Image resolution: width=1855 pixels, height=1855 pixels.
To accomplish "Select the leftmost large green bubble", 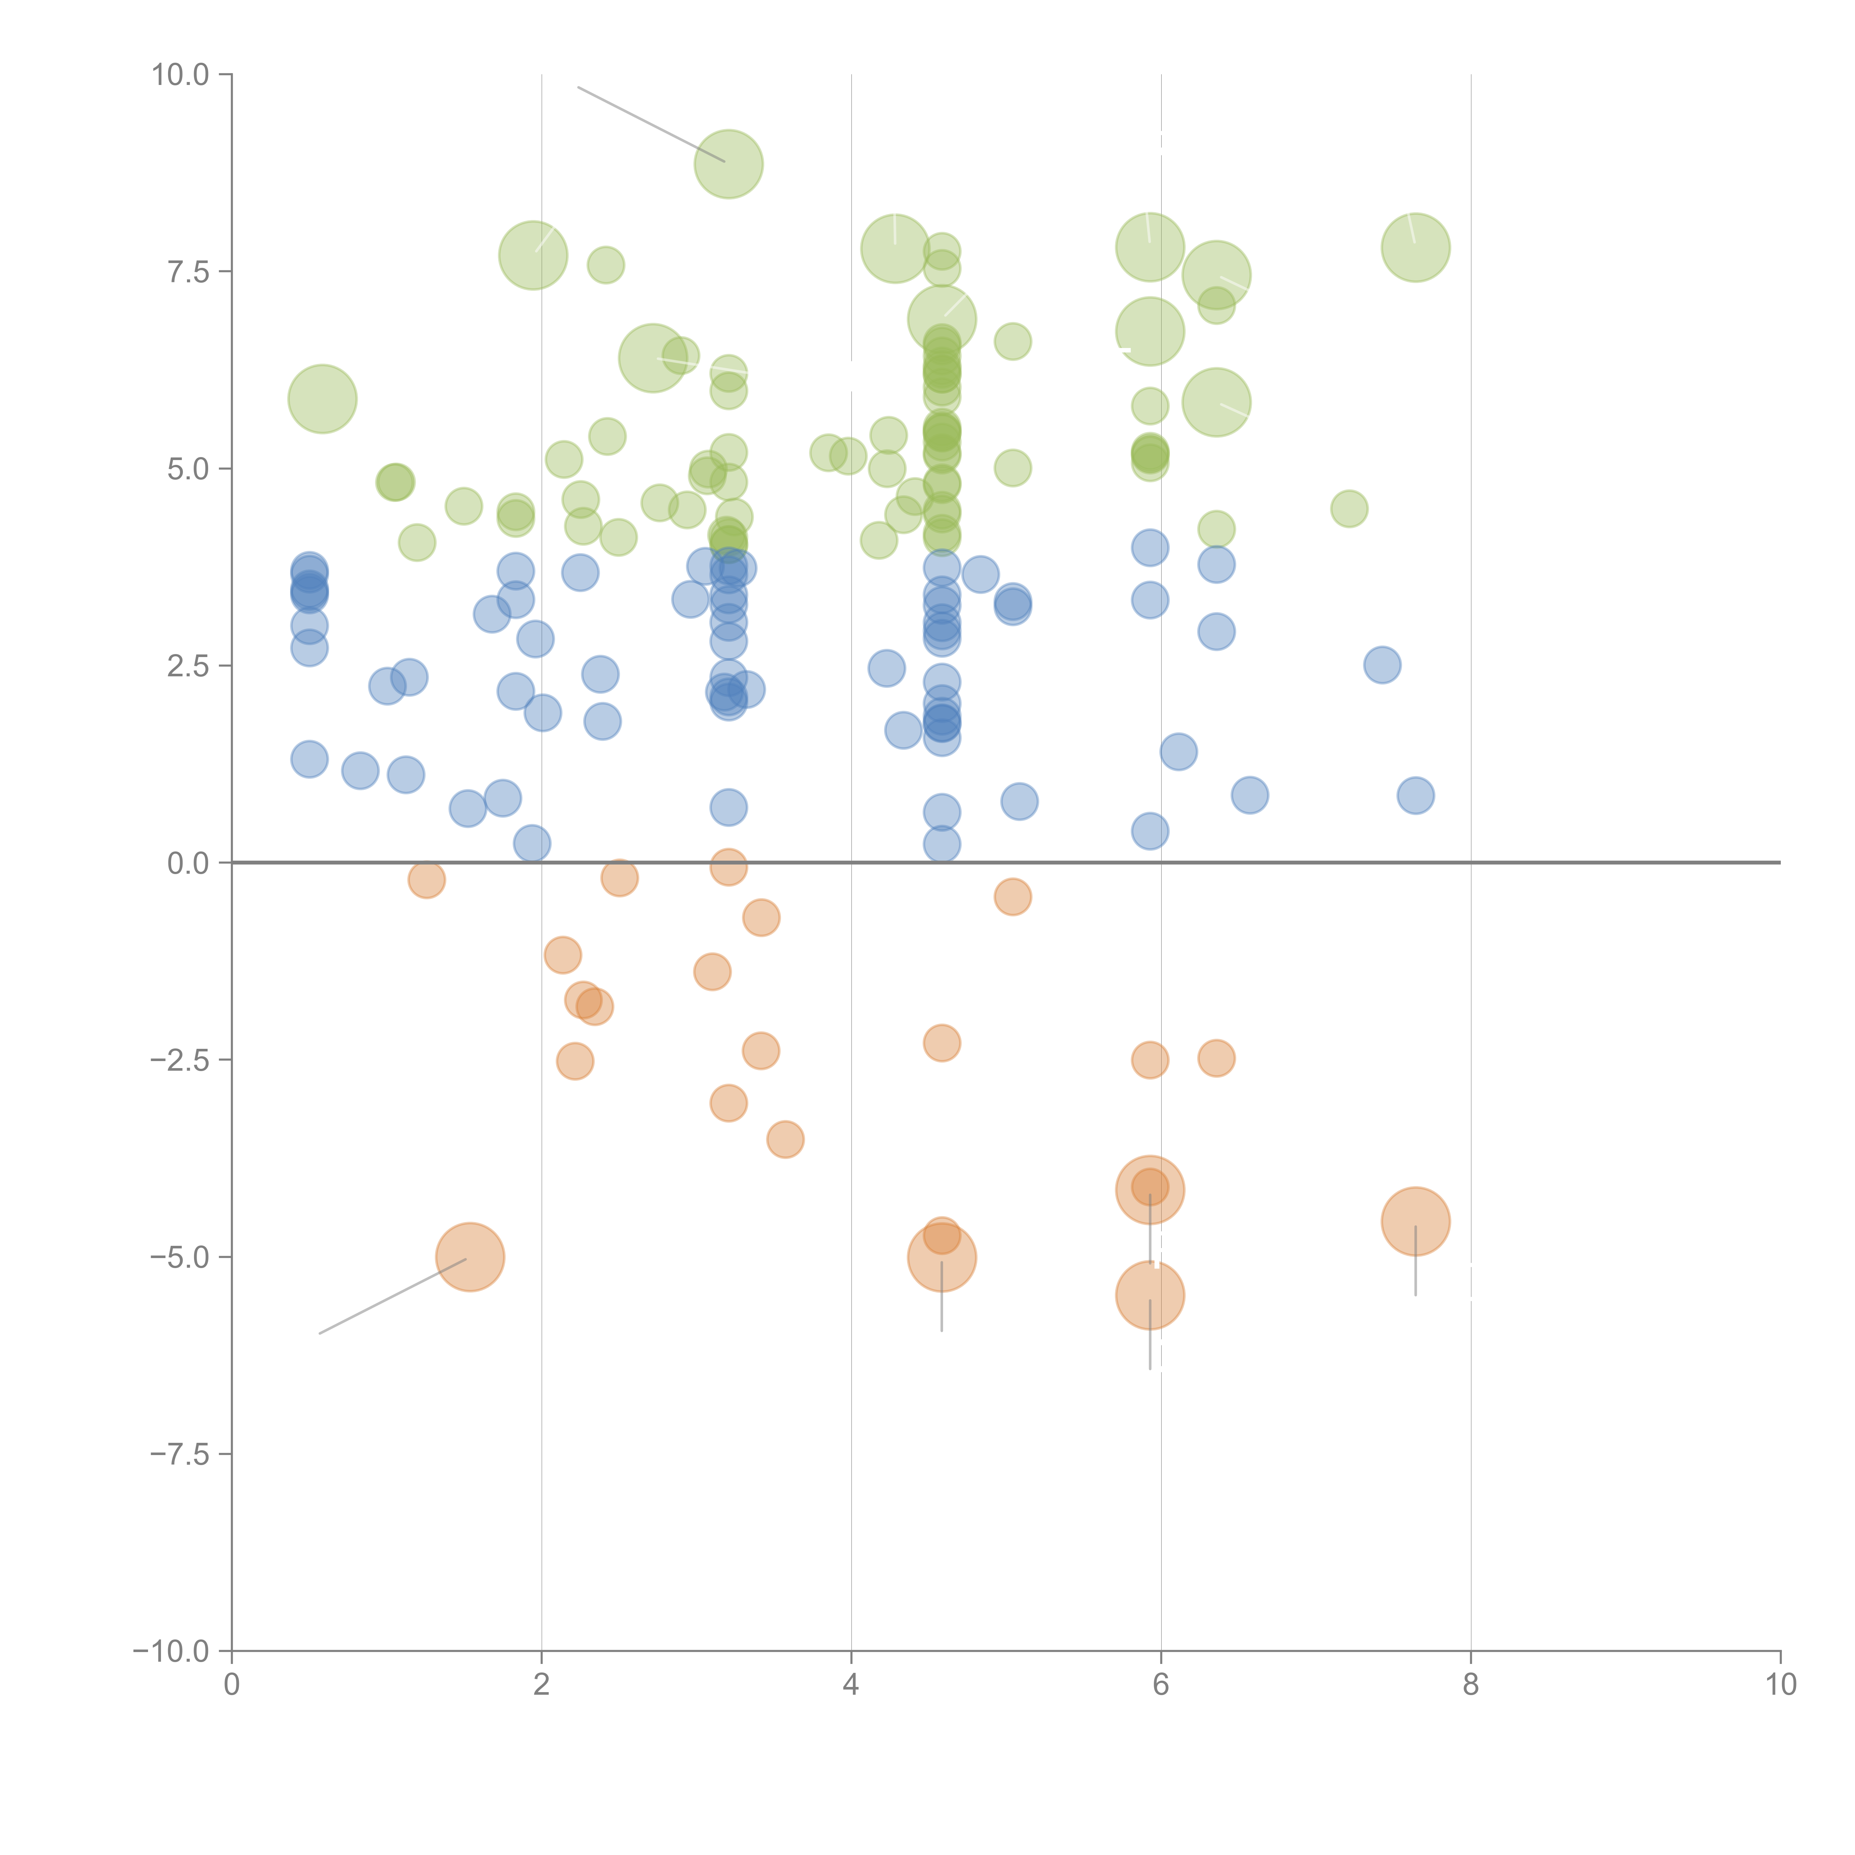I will click(323, 398).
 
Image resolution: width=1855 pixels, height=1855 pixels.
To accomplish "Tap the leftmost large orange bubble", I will click(470, 1257).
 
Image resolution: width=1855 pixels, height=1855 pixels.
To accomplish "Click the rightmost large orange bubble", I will click(1415, 1221).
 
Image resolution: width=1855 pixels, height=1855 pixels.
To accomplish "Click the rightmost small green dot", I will click(1349, 509).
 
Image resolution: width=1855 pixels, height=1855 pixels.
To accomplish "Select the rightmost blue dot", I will click(1415, 795).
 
